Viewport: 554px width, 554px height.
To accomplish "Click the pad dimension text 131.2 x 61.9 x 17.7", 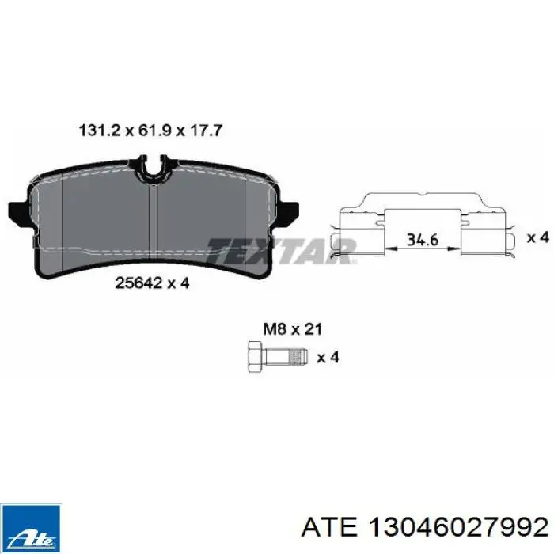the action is tap(151, 131).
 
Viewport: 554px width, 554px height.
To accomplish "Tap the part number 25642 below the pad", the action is tap(137, 283).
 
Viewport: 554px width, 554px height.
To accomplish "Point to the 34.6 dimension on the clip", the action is tap(422, 240).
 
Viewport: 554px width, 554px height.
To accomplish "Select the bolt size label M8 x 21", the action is tap(293, 329).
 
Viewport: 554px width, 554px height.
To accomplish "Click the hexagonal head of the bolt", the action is tap(256, 356).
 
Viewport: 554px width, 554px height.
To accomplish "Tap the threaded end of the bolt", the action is tap(298, 356).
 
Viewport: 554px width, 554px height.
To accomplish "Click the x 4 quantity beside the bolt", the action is tap(328, 357).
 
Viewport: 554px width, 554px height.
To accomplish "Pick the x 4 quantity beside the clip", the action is tap(537, 237).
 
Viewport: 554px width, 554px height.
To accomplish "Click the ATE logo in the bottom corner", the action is tap(30, 528).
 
